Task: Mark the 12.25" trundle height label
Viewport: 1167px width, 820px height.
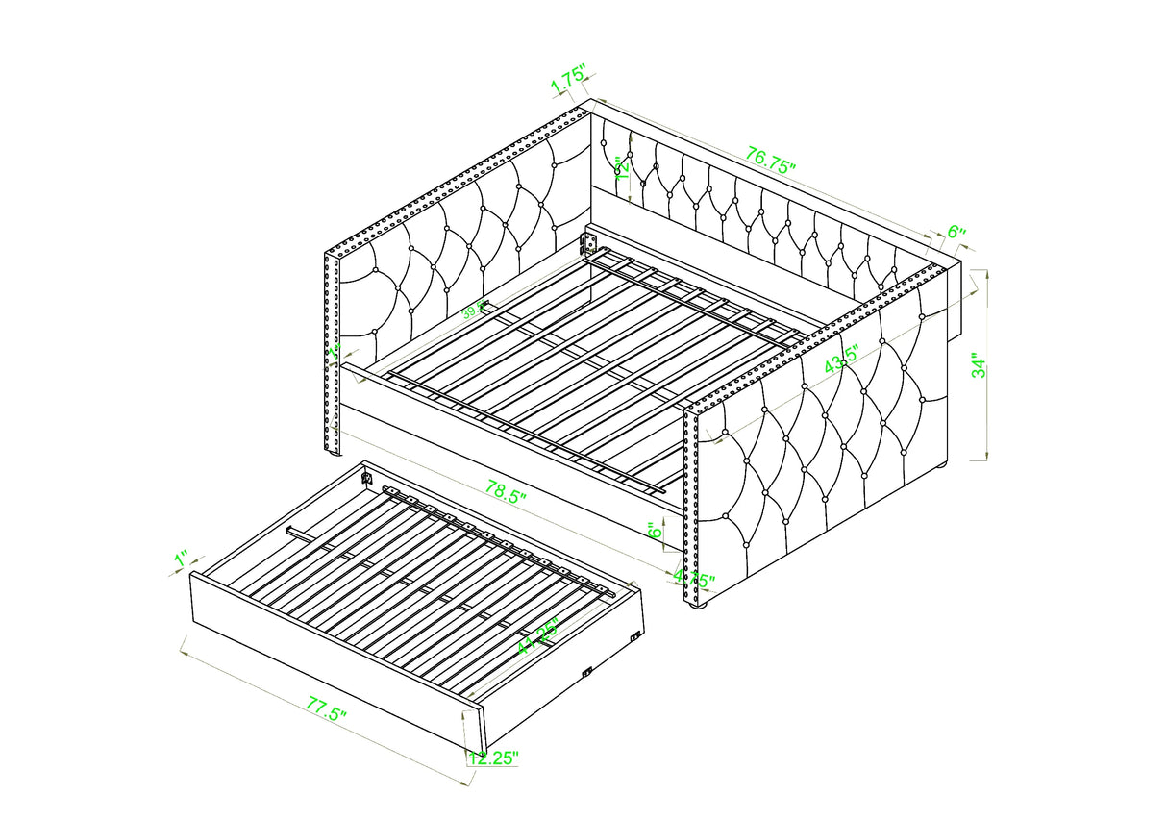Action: [494, 758]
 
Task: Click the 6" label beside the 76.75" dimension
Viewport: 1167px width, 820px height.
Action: [956, 232]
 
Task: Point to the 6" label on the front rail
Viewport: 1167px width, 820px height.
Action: [653, 532]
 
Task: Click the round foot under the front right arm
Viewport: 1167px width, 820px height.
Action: [699, 607]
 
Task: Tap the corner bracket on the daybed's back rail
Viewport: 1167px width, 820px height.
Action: [587, 241]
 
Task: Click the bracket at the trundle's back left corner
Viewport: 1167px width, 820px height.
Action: [366, 476]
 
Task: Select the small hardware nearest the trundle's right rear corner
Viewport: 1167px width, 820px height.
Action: [634, 636]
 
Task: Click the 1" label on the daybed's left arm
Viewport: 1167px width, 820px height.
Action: [334, 352]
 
